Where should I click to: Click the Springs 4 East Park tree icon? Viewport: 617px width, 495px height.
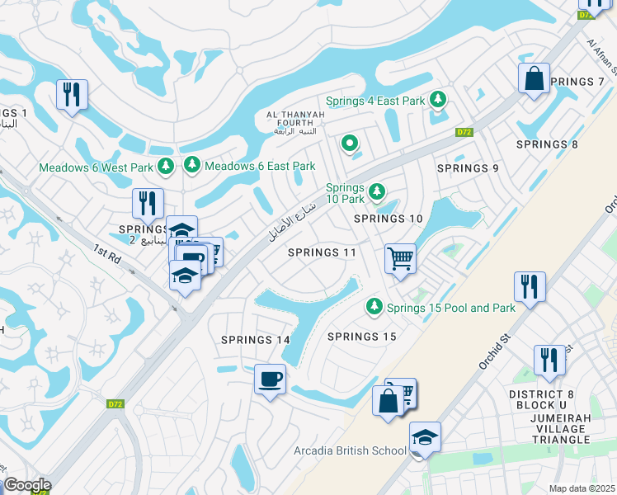[438, 100]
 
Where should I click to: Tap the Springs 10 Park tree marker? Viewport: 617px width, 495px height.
[377, 192]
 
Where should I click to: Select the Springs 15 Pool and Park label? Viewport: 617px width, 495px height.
[451, 308]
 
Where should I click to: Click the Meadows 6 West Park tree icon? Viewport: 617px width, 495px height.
[166, 167]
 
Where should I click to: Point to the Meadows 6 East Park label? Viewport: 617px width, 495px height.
[260, 166]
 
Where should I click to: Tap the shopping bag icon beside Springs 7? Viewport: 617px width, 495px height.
[535, 79]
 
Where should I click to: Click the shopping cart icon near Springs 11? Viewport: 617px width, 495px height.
[400, 259]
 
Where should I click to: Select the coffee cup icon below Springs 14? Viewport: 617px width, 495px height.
[270, 379]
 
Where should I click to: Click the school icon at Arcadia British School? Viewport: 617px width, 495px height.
[425, 436]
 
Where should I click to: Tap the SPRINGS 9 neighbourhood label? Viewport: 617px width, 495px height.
[468, 168]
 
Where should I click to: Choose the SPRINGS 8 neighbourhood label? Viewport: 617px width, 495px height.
[547, 144]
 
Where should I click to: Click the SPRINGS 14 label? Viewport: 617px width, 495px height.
[256, 340]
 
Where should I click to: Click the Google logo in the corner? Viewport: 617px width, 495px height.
[26, 485]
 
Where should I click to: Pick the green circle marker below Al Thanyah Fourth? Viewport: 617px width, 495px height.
[350, 144]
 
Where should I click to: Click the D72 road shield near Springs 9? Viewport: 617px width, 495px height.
[463, 132]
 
